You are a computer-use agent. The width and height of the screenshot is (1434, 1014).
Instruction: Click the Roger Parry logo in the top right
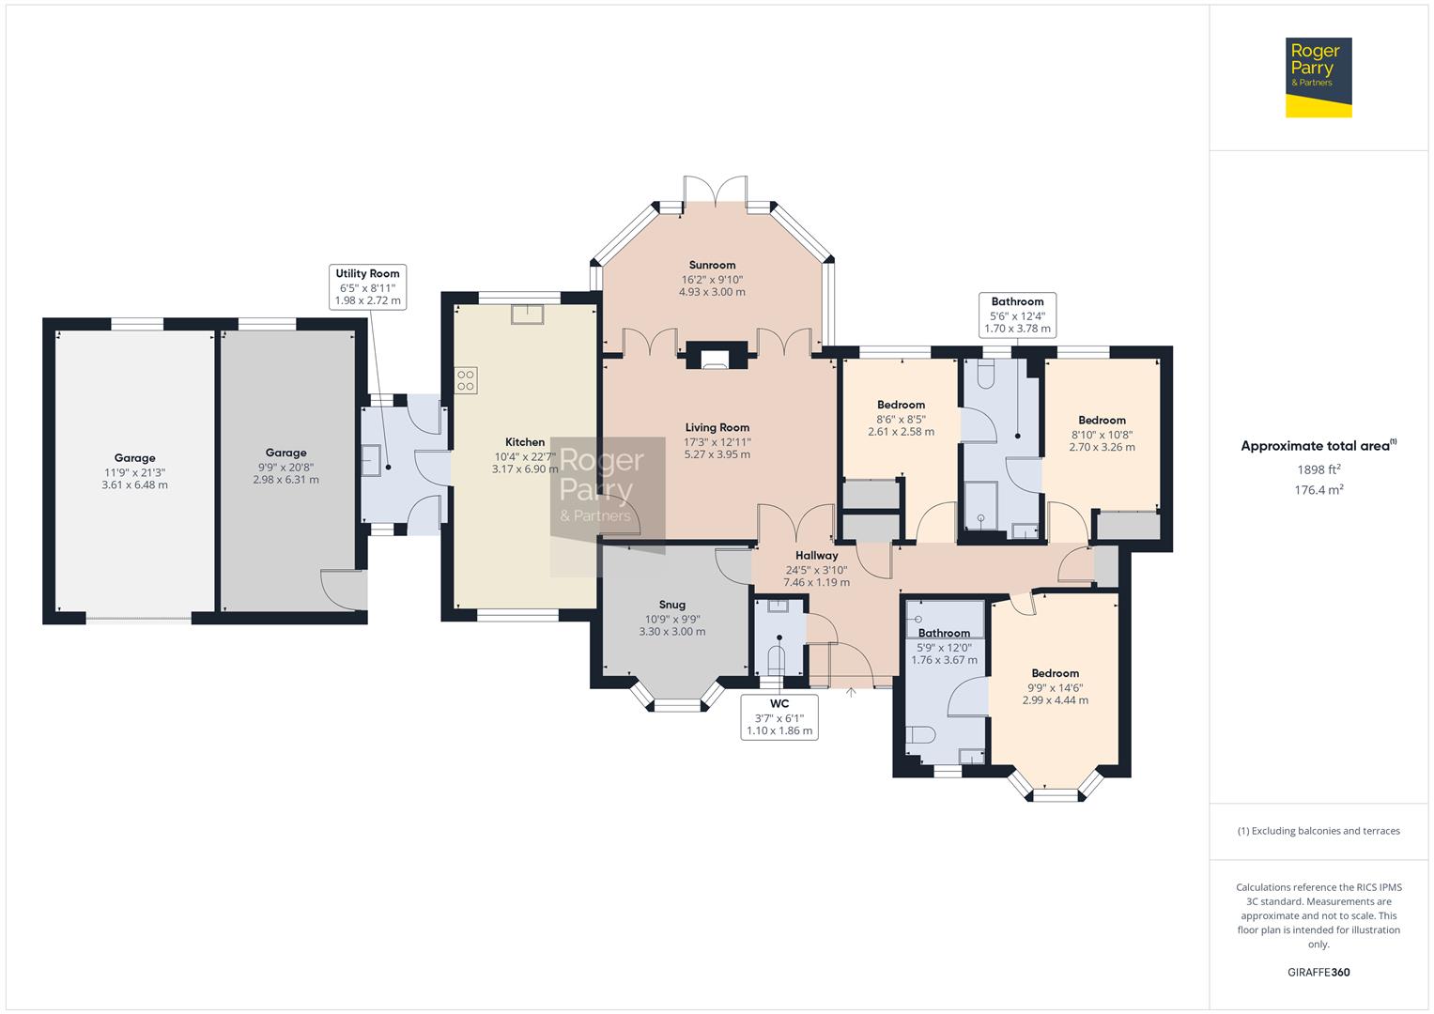(1318, 77)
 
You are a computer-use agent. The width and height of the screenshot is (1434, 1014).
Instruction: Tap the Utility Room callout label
(368, 287)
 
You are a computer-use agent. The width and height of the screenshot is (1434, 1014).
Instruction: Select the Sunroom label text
(712, 266)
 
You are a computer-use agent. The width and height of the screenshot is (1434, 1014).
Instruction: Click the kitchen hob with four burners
(466, 380)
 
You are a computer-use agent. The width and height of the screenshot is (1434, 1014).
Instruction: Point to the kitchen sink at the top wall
(527, 314)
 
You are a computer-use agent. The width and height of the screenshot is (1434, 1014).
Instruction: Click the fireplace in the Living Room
(716, 357)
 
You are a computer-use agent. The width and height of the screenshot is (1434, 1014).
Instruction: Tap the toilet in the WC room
(777, 655)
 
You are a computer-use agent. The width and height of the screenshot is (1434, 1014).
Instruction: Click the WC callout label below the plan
(779, 717)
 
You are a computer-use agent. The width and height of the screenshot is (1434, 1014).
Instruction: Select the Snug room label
(671, 605)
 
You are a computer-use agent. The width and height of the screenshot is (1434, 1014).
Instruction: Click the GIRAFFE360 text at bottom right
(1318, 972)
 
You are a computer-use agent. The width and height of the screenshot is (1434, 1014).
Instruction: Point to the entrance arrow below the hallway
(851, 693)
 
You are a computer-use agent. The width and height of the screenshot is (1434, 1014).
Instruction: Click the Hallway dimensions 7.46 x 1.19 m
(816, 582)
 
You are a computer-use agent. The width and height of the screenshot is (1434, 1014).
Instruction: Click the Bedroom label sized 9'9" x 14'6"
(1055, 673)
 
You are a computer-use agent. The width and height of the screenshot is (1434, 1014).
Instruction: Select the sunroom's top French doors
(716, 192)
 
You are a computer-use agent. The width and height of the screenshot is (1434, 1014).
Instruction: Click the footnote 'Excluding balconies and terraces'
(1318, 831)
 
